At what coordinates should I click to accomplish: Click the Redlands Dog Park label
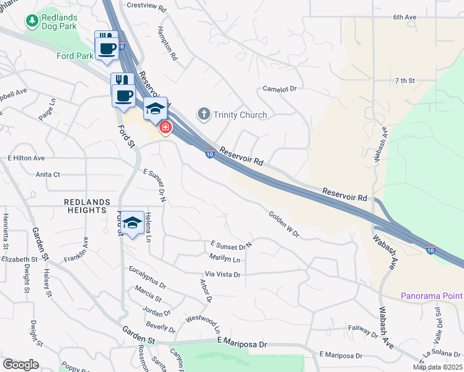click(x=59, y=22)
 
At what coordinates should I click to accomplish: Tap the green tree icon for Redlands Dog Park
click(x=31, y=21)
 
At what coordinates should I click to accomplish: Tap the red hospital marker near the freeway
click(x=166, y=128)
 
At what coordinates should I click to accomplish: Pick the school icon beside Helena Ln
click(x=133, y=224)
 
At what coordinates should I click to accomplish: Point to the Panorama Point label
click(x=432, y=296)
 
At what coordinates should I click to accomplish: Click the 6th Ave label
click(x=403, y=18)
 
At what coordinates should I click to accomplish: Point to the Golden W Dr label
click(x=284, y=224)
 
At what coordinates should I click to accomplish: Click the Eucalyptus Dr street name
click(x=148, y=277)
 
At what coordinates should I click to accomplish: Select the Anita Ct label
click(x=48, y=175)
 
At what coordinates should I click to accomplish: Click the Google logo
click(x=20, y=365)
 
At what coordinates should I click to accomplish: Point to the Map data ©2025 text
click(x=437, y=367)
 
